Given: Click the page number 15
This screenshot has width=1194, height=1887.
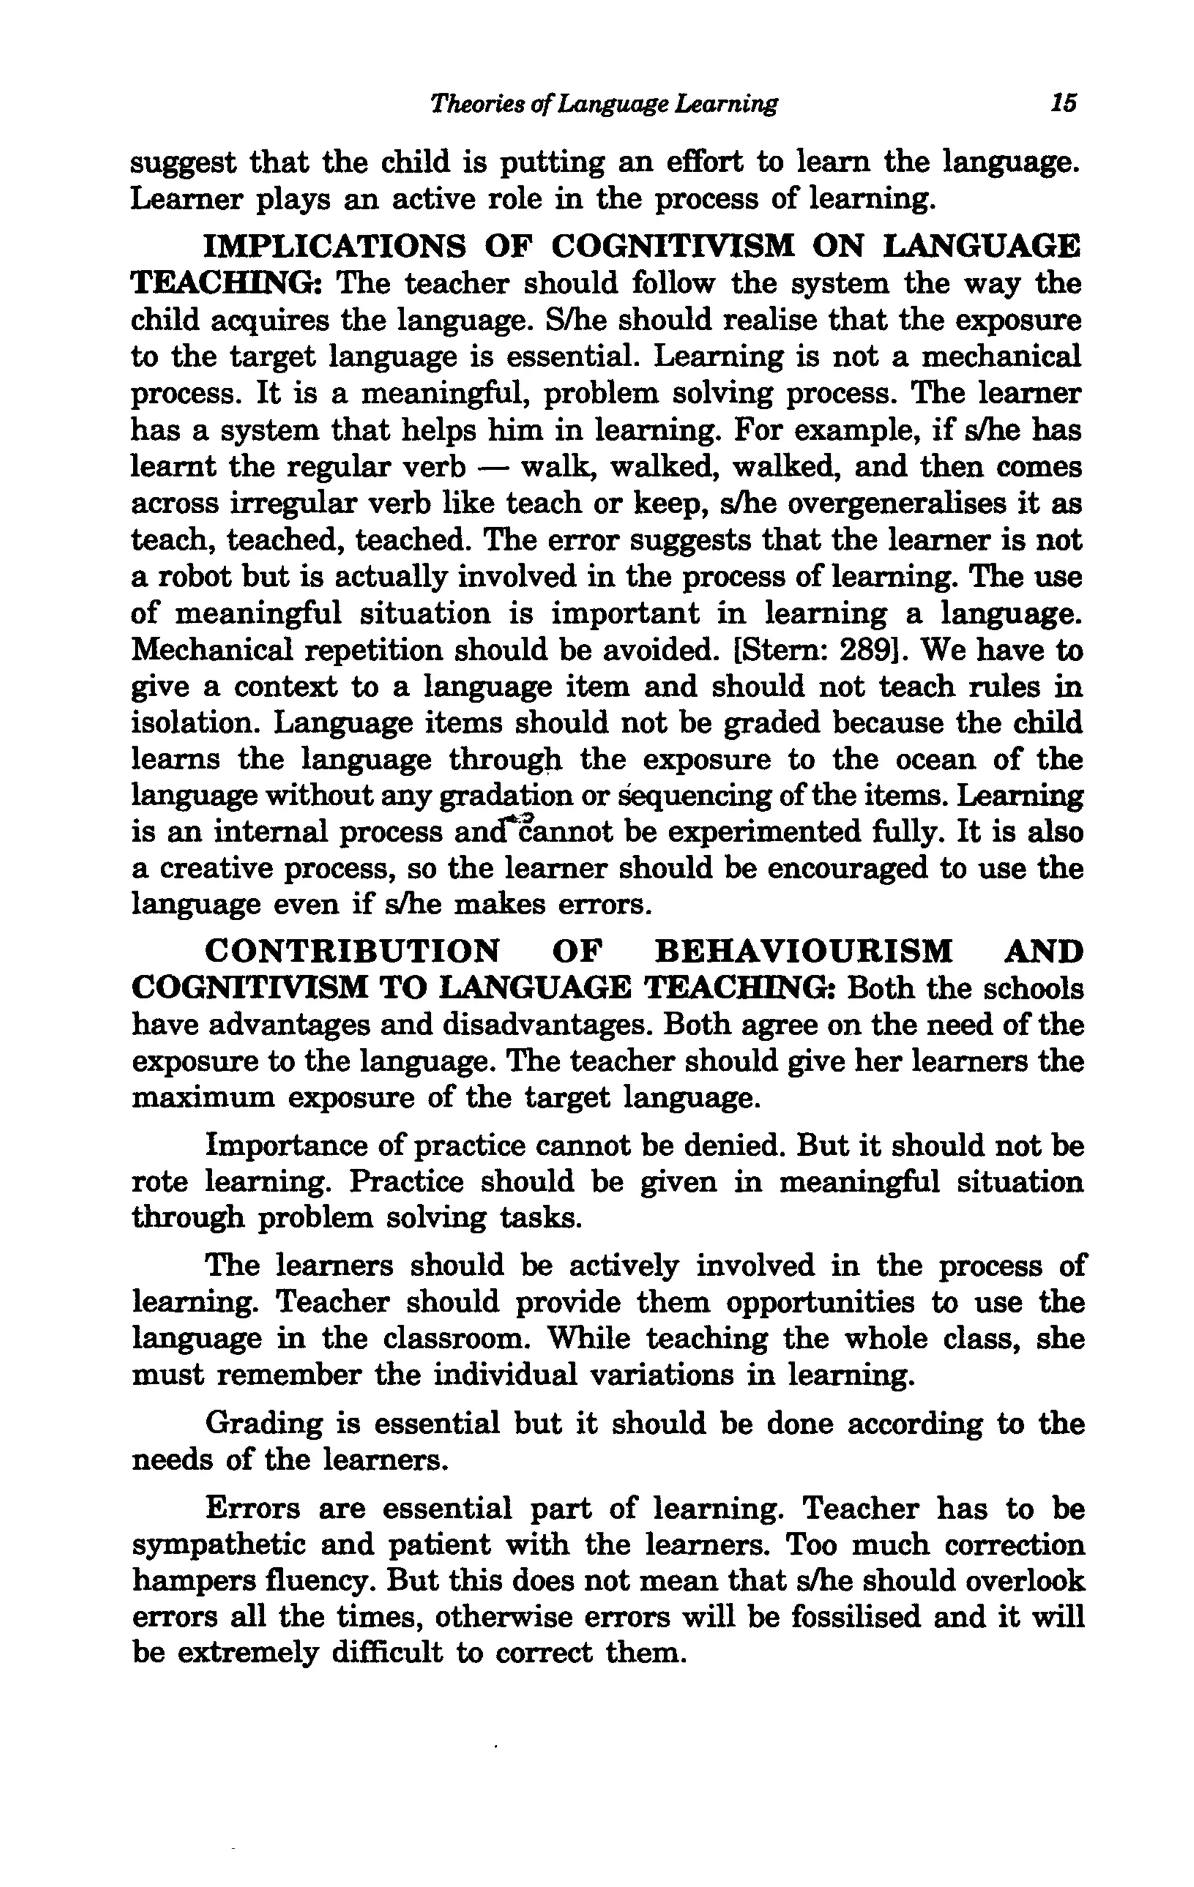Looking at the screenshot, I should (1065, 103).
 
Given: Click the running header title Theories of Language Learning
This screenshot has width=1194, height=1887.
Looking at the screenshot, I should (604, 103).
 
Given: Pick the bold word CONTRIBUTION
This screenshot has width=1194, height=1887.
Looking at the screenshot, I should (351, 952).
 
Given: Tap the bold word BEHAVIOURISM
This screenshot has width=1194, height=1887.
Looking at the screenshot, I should (803, 952).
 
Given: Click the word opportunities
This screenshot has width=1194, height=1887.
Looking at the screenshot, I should (820, 1302).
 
